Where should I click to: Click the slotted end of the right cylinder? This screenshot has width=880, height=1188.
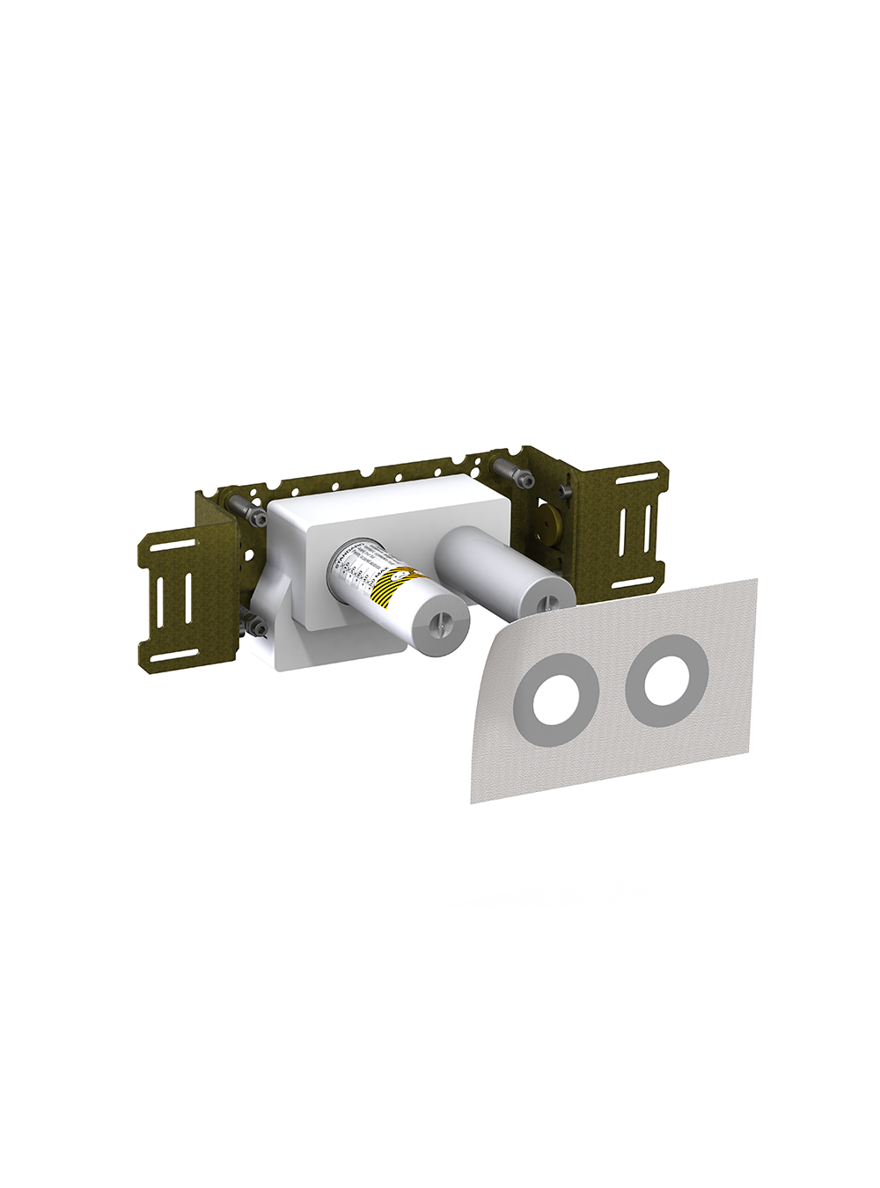[546, 599]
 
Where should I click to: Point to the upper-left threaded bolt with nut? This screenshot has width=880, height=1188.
[242, 507]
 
